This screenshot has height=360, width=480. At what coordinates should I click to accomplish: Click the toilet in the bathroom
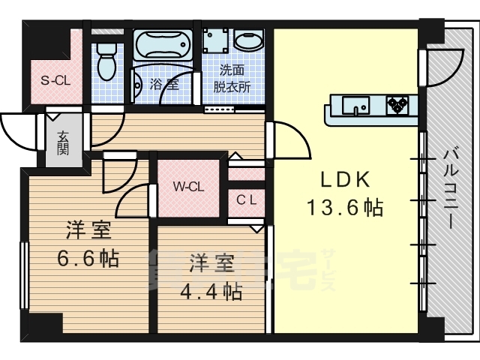[106, 61]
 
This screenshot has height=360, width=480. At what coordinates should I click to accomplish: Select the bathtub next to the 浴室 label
[163, 44]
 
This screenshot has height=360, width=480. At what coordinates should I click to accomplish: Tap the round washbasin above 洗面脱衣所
[249, 42]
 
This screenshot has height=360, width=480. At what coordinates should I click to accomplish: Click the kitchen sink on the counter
[355, 106]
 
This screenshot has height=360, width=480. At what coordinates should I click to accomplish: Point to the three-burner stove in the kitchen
[397, 105]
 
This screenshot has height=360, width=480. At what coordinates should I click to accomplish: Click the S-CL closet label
[55, 80]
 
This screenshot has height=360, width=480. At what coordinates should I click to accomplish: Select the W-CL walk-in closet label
[188, 187]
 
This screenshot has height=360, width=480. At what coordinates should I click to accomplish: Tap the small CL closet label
[247, 200]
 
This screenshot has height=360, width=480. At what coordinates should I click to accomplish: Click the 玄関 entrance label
[63, 142]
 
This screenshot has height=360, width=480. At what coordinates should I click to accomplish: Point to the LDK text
[345, 179]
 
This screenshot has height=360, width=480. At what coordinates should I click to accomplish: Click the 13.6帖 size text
[345, 207]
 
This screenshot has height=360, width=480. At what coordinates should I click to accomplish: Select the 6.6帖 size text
[88, 258]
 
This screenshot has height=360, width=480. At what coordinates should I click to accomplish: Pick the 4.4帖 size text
[211, 291]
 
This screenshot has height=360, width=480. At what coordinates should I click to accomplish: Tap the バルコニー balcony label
[451, 189]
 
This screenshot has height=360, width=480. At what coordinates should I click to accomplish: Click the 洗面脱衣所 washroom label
[232, 79]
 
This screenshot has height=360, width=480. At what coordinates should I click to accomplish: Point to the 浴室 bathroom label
[164, 84]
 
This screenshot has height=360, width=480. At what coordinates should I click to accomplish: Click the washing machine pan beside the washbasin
[215, 40]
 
